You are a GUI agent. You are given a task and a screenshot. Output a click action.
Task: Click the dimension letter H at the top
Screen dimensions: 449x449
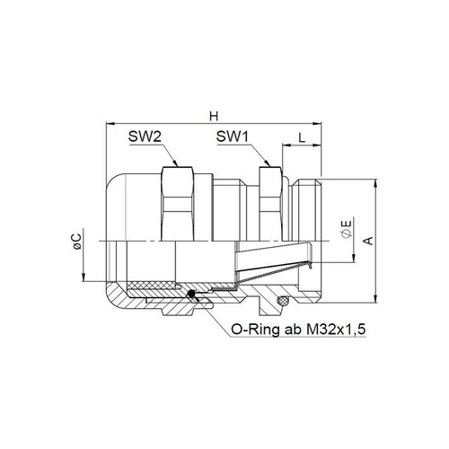pyautogui.click(x=214, y=116)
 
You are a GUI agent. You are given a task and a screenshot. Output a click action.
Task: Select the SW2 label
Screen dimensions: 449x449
pyautogui.click(x=145, y=136)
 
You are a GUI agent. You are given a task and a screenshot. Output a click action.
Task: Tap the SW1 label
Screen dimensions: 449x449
pyautogui.click(x=233, y=136)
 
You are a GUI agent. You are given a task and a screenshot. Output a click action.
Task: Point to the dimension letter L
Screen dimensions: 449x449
pyautogui.click(x=302, y=137)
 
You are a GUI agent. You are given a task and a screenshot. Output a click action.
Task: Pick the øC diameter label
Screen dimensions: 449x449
pyautogui.click(x=77, y=242)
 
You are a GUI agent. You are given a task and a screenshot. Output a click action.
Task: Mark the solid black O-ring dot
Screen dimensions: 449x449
pyautogui.click(x=190, y=295)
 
